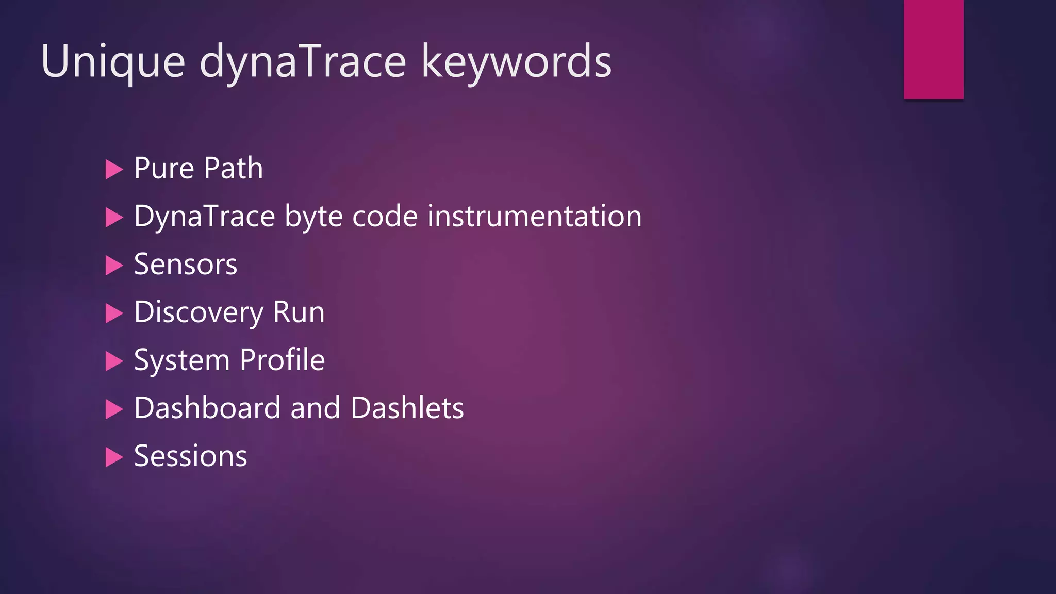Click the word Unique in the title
pyautogui.click(x=113, y=62)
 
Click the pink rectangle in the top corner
pyautogui.click(x=933, y=49)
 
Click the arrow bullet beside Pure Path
pyautogui.click(x=113, y=169)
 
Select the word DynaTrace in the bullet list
pyautogui.click(x=204, y=216)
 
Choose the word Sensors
pyautogui.click(x=186, y=264)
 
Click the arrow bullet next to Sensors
pyautogui.click(x=113, y=265)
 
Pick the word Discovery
pyautogui.click(x=199, y=312)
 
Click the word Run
pyautogui.click(x=299, y=312)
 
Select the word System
pyautogui.click(x=181, y=360)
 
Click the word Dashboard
pyautogui.click(x=207, y=408)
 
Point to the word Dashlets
pyautogui.click(x=407, y=408)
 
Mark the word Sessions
pyautogui.click(x=190, y=456)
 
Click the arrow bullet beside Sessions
pyautogui.click(x=113, y=457)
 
